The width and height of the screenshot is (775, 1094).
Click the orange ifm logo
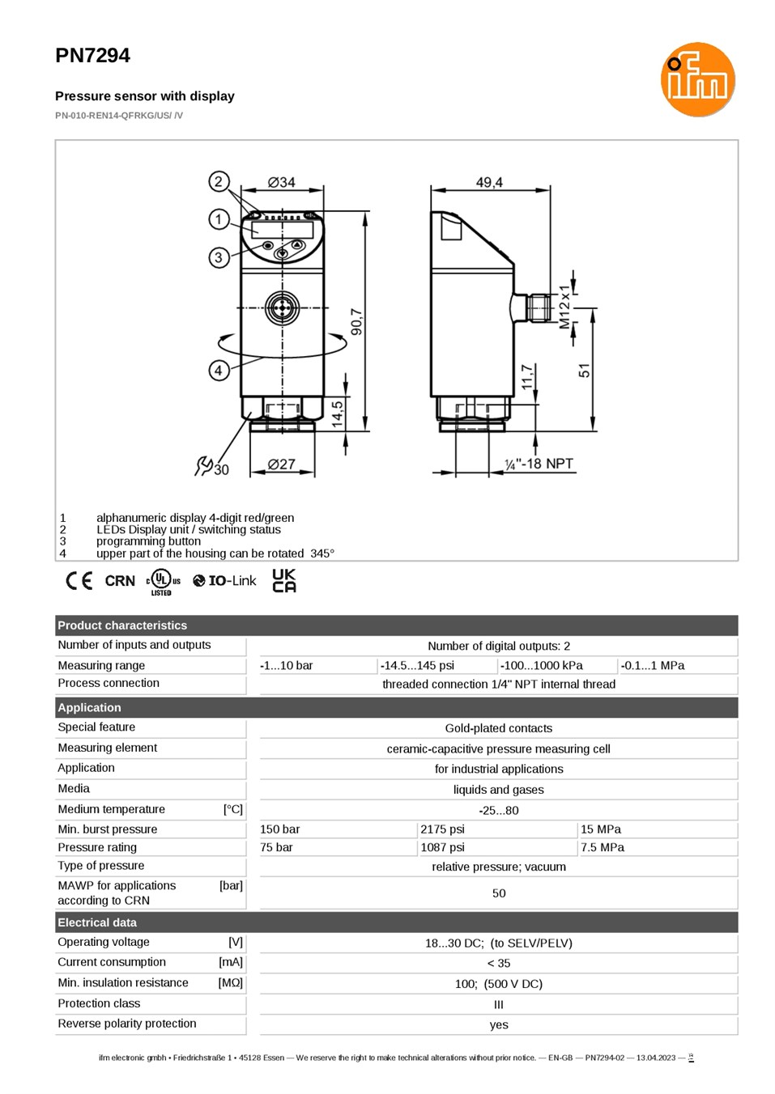click(697, 79)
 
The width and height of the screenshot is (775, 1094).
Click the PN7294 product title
click(93, 56)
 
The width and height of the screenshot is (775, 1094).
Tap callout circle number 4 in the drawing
click(219, 371)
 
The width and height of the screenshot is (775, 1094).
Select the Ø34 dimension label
click(282, 182)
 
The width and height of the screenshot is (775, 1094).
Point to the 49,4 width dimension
click(489, 182)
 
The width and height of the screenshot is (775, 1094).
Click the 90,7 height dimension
click(357, 321)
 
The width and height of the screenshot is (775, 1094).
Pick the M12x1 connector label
click(564, 307)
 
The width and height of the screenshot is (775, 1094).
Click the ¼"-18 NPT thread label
click(539, 464)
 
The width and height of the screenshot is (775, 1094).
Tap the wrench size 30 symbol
click(211, 466)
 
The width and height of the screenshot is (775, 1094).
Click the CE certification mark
click(79, 581)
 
